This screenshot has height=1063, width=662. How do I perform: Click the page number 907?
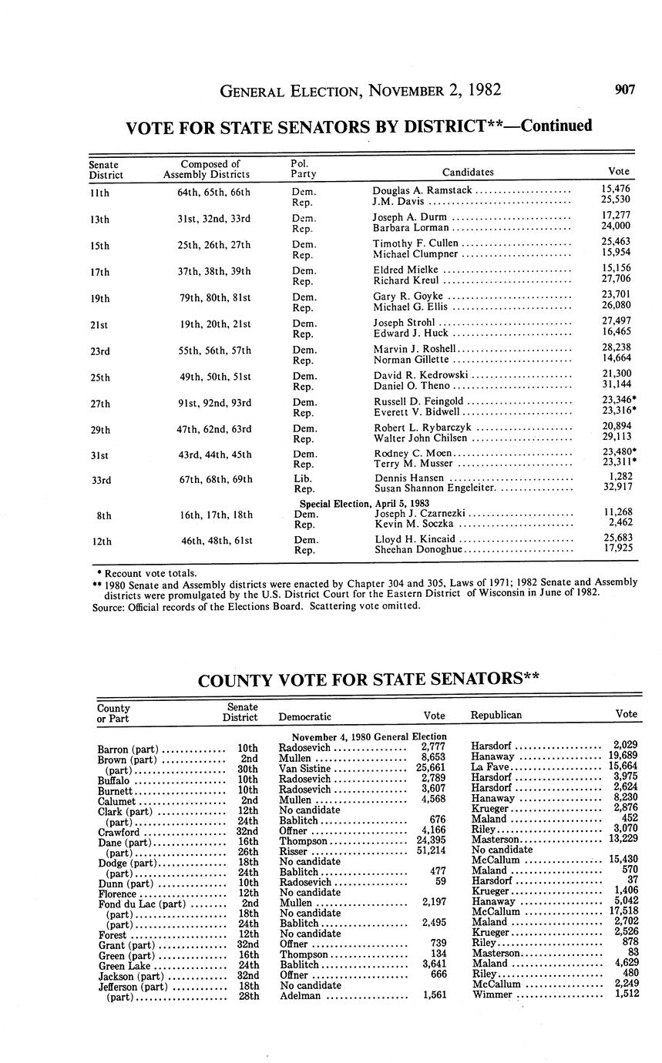point(624,90)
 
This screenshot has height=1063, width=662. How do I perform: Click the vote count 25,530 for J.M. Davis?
point(616,200)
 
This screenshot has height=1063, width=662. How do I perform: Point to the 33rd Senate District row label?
point(100,480)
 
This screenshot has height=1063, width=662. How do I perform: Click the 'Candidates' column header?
point(468,172)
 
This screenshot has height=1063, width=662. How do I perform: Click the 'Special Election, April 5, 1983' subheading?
point(365,503)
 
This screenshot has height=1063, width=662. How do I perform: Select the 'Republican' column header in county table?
point(496,715)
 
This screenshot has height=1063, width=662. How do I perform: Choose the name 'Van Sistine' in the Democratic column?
point(304,769)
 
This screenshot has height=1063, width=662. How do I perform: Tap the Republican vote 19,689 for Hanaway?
point(623,758)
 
